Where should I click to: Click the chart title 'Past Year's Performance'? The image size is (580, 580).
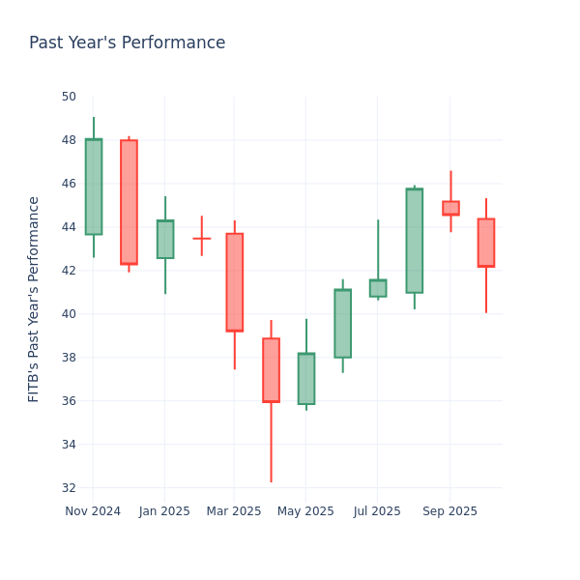[127, 43]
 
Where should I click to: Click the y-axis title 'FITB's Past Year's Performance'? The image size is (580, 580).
[35, 299]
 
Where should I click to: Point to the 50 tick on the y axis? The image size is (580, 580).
[69, 97]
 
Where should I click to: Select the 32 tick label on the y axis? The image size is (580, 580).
[69, 488]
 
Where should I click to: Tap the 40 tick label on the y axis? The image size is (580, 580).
[69, 314]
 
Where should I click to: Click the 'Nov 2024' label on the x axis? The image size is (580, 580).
[93, 511]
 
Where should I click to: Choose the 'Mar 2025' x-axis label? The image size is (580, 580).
[234, 511]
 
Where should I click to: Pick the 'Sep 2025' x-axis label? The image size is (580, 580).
[449, 511]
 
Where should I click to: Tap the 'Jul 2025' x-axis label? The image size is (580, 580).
[377, 511]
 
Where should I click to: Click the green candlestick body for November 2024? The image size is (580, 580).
[93, 187]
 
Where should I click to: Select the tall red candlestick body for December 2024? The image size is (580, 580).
[129, 202]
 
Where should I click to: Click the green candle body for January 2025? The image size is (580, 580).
[165, 240]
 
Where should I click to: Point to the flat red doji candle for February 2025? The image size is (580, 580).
[201, 238]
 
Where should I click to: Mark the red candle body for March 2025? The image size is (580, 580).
[234, 282]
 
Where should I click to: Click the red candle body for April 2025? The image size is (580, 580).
[271, 370]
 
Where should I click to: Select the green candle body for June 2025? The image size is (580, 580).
[342, 324]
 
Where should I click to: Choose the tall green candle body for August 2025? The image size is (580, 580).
[414, 241]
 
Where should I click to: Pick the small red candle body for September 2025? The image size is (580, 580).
[450, 208]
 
